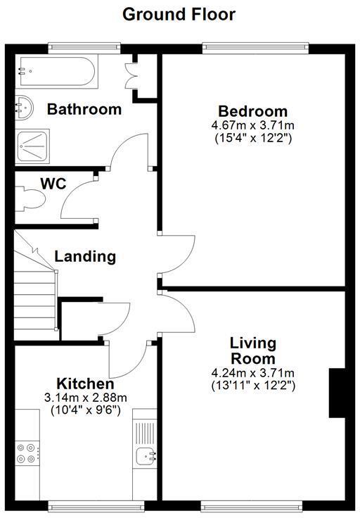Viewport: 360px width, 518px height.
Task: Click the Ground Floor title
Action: [x=179, y=13]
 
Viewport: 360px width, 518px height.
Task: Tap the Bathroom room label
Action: [x=84, y=109]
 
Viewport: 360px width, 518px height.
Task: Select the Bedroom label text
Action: [x=252, y=111]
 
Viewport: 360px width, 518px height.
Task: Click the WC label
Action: [x=53, y=184]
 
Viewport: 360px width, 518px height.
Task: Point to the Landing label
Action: [x=86, y=256]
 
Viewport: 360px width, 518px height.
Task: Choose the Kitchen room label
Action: [x=85, y=384]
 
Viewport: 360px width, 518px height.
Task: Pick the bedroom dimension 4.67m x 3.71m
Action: [x=252, y=125]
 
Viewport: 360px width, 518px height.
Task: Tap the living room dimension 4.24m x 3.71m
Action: [x=252, y=373]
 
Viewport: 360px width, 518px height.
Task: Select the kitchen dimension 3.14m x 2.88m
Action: [x=85, y=398]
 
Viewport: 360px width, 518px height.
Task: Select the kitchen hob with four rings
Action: [x=27, y=452]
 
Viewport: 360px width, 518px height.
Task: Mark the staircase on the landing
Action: [x=35, y=296]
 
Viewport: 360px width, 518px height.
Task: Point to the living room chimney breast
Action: [x=337, y=393]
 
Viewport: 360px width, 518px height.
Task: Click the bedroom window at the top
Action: [x=255, y=48]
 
